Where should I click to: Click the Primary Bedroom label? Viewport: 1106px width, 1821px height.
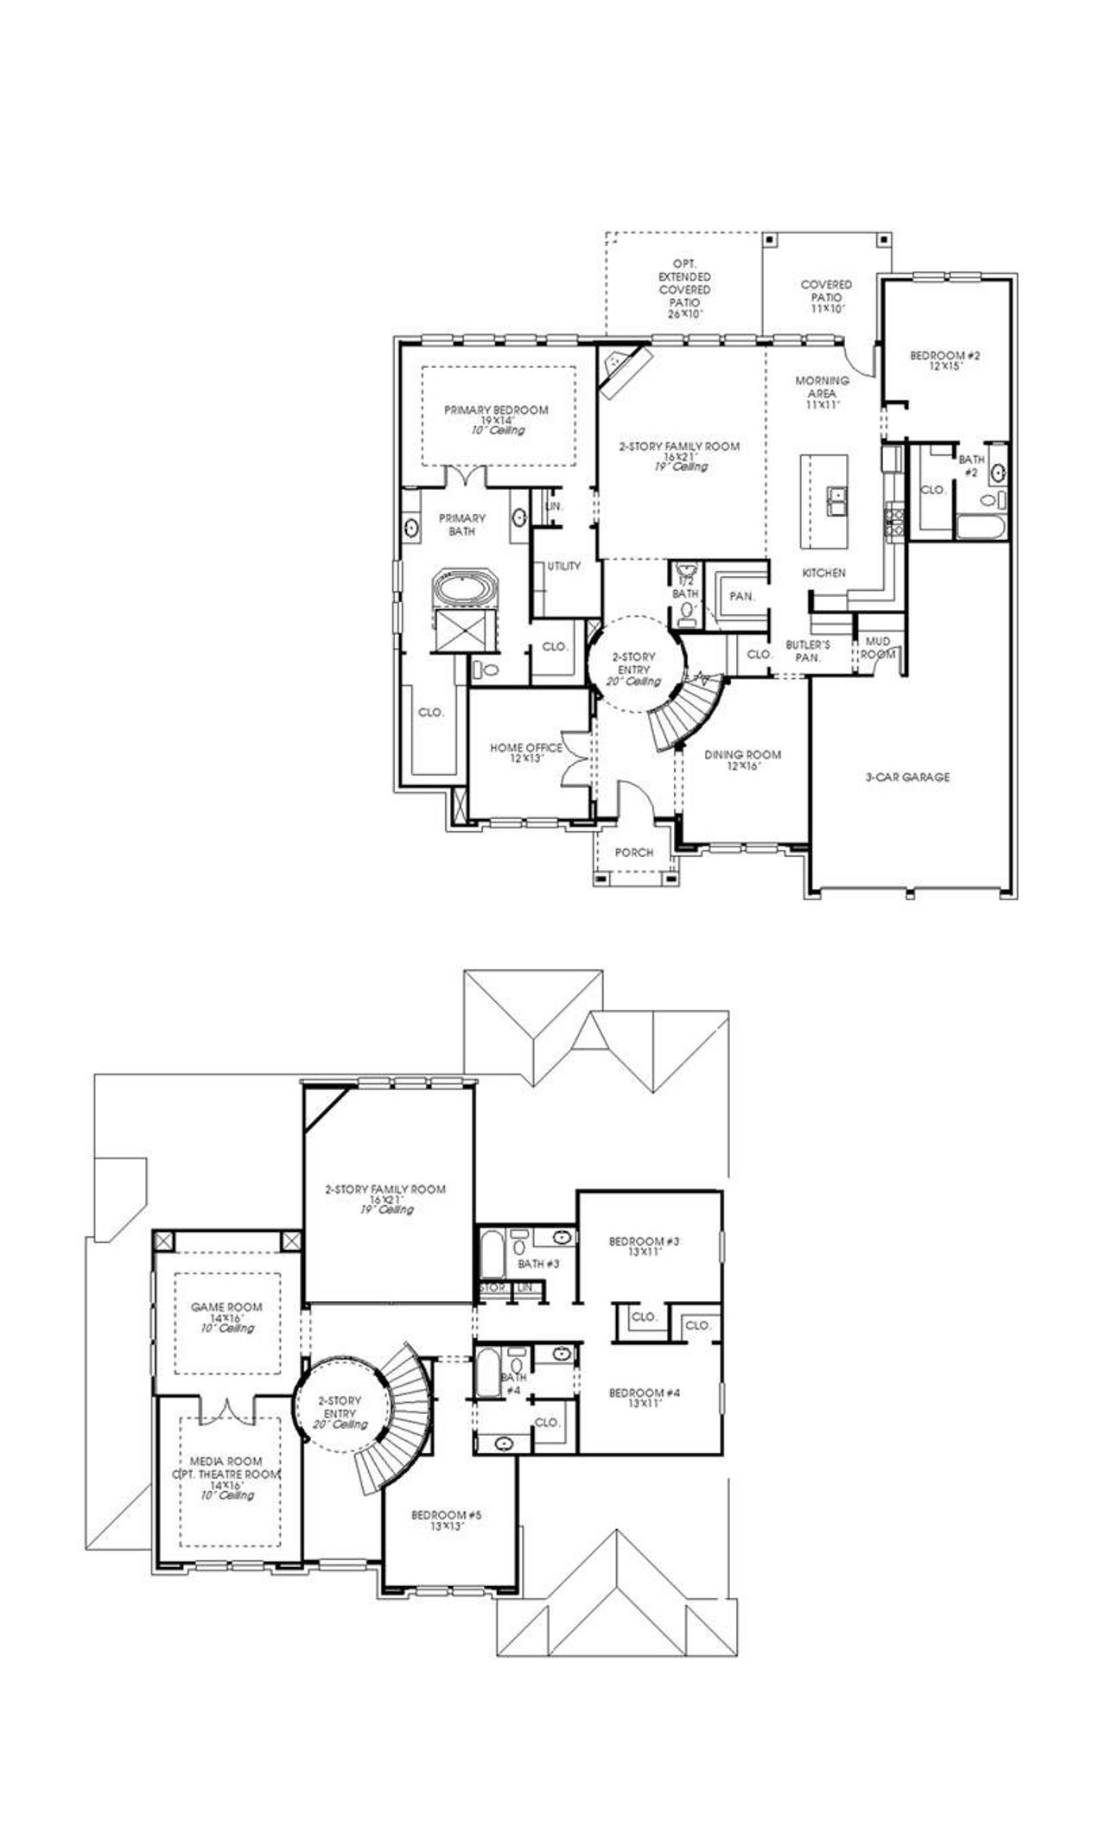(x=496, y=410)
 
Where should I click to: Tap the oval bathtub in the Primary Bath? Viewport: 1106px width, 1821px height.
(x=466, y=591)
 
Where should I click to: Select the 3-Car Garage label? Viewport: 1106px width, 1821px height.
(x=907, y=777)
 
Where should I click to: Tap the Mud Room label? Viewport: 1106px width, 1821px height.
(x=878, y=648)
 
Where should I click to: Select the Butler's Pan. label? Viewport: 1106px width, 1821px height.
(x=808, y=650)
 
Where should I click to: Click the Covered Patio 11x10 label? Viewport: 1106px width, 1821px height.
(x=826, y=290)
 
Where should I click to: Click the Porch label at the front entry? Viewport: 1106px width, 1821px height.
(x=634, y=853)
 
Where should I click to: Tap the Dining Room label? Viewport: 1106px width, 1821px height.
(x=742, y=755)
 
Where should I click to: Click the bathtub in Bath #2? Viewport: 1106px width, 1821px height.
(x=980, y=528)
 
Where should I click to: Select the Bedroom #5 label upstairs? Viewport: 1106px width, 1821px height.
(x=446, y=1515)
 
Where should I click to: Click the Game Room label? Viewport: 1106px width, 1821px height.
(x=226, y=1307)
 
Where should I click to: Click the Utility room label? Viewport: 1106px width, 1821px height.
(x=563, y=567)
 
